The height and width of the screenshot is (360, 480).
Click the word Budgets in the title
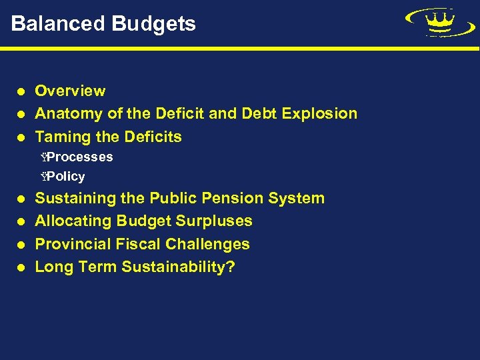154,24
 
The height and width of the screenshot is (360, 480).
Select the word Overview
70,91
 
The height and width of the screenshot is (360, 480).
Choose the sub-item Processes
79,157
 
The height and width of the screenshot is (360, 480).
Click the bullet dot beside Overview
21,91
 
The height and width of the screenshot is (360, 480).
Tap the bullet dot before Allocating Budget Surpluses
21,221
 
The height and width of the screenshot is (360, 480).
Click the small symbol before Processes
43,157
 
